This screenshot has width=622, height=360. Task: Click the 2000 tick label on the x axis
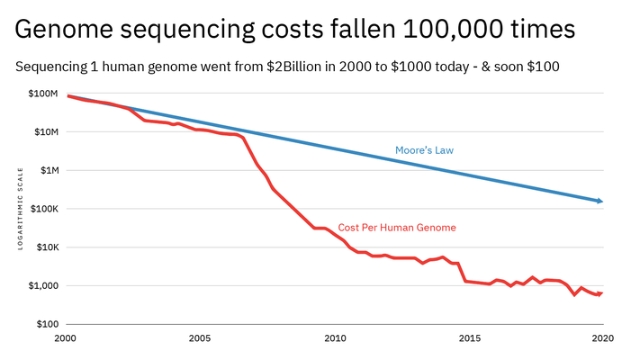tap(65, 338)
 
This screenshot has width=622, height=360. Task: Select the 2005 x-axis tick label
tap(200, 338)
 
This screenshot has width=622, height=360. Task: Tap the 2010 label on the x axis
tap(335, 338)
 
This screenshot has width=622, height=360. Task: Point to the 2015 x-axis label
tap(469, 338)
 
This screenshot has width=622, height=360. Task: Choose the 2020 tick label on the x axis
tap(602, 338)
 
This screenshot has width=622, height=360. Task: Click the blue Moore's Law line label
tap(425, 149)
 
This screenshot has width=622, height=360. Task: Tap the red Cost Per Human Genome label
tap(397, 228)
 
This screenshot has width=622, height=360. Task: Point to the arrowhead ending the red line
tap(599, 293)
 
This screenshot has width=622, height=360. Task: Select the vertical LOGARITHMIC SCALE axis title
tap(22, 210)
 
